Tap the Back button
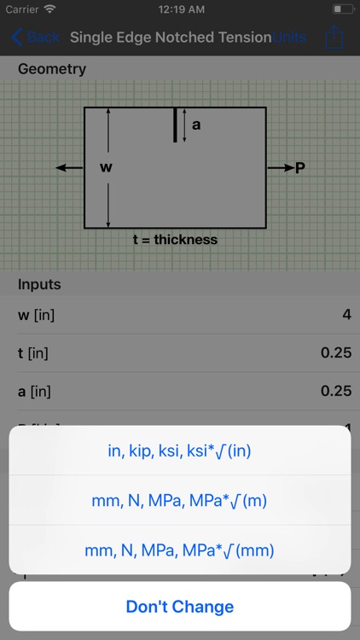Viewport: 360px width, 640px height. [x=35, y=38]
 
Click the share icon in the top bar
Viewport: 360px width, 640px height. [x=334, y=37]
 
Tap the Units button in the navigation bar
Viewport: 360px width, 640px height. [x=289, y=38]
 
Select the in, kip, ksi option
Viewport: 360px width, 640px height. [x=179, y=451]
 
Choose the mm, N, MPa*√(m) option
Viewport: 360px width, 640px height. [x=179, y=501]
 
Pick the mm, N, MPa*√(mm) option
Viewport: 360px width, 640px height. [x=179, y=550]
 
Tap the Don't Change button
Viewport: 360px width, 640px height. [x=179, y=607]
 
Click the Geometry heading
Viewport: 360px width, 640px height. [x=52, y=69]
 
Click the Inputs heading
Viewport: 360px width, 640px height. [x=40, y=284]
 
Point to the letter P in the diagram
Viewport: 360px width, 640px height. [x=300, y=168]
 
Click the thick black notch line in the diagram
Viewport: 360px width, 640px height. [x=175, y=125]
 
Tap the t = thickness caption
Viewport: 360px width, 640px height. [x=175, y=240]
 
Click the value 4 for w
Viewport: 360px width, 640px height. [x=346, y=315]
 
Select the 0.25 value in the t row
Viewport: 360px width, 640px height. [x=336, y=352]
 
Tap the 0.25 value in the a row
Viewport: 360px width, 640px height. [x=336, y=390]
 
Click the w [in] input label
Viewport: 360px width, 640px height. [x=37, y=315]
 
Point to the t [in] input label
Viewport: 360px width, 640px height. [x=35, y=352]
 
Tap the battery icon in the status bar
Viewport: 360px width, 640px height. [x=342, y=9]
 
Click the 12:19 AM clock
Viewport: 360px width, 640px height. [x=179, y=9]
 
